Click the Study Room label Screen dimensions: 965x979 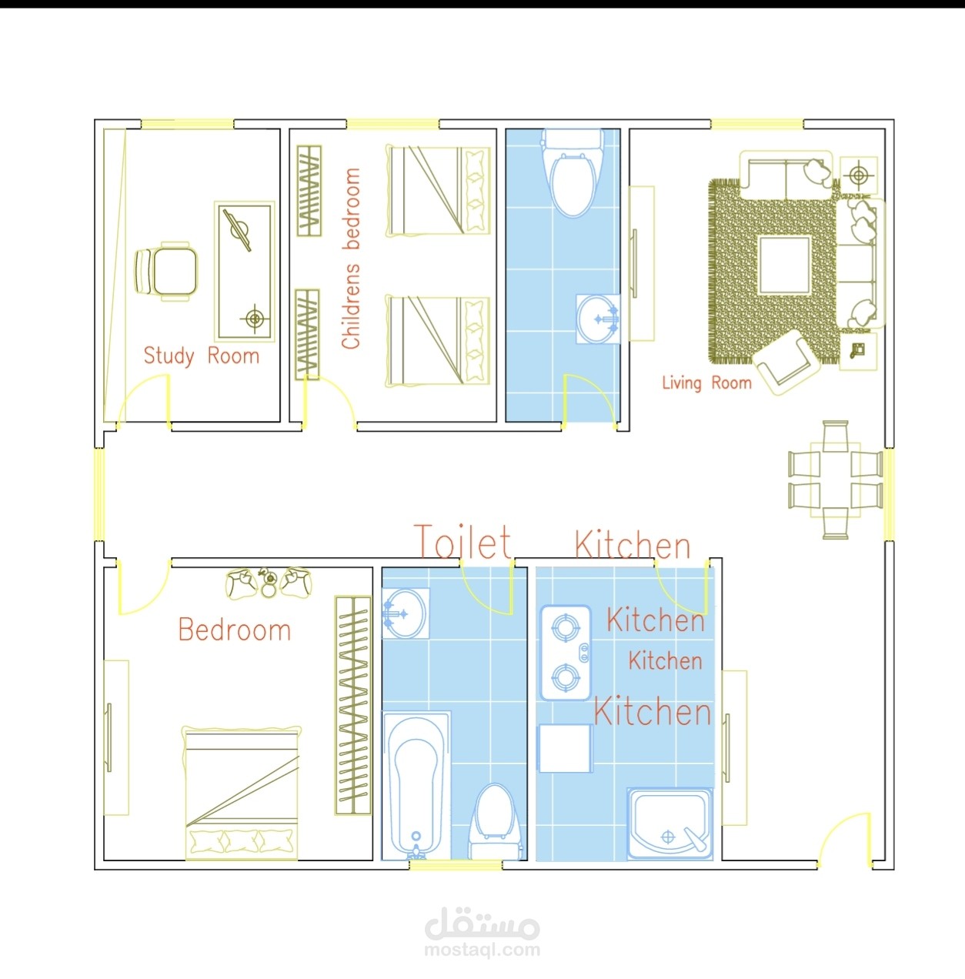pos(201,356)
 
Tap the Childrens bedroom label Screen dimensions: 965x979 pos(351,259)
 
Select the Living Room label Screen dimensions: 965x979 pos(706,383)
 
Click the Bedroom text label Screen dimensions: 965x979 pos(234,630)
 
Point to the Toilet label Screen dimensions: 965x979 pos(463,542)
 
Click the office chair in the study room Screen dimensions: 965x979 pos(166,271)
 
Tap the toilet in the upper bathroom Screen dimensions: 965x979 pos(573,172)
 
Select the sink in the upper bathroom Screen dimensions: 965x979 pos(599,319)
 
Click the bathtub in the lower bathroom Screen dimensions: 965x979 pos(416,786)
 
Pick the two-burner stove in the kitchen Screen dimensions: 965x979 pos(566,653)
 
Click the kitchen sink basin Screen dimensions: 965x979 pos(669,824)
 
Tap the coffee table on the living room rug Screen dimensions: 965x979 pos(785,266)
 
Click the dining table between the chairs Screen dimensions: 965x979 pos(836,479)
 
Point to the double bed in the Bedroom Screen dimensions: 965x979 pos(242,793)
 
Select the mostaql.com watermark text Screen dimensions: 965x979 pos(482,949)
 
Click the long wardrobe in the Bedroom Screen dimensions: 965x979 pos(353,705)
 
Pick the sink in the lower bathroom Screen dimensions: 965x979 pos(405,613)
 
